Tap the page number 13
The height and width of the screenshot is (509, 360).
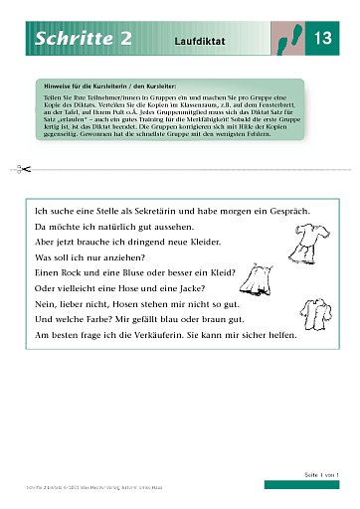[320, 40]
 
